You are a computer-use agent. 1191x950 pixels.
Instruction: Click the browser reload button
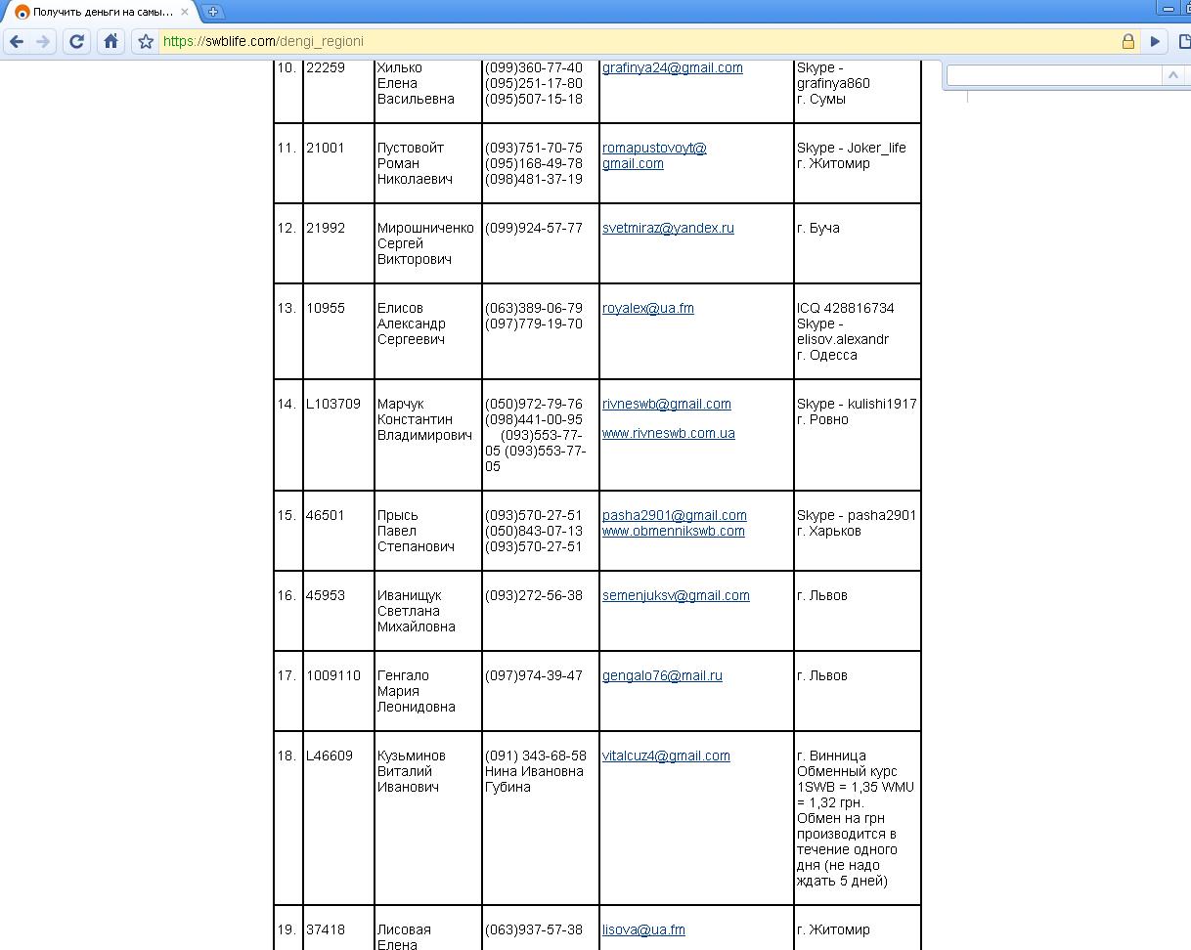(x=76, y=41)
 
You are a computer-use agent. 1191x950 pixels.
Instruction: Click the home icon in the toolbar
(x=111, y=41)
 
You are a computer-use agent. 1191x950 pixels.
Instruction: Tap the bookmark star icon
(x=146, y=41)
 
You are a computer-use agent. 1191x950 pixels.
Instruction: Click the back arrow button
(x=17, y=41)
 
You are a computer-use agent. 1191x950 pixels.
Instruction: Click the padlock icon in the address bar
(x=1127, y=41)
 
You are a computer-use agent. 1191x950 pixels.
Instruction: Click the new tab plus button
(x=212, y=12)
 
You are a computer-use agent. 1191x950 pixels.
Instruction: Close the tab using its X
(x=185, y=12)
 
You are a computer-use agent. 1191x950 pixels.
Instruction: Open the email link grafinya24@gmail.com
(x=672, y=67)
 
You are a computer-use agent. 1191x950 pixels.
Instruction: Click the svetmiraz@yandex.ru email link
(x=668, y=228)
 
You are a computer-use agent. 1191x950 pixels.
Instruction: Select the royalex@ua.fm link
(x=647, y=308)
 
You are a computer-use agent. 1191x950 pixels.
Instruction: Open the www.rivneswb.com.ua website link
(x=668, y=433)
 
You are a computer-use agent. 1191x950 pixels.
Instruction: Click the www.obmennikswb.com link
(x=673, y=531)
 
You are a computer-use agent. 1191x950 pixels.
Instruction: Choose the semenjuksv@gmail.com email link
(x=676, y=595)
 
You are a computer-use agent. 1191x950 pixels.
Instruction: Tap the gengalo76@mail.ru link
(x=662, y=675)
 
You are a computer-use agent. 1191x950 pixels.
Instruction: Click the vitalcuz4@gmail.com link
(x=666, y=756)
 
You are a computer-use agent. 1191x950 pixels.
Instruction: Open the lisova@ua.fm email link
(x=643, y=929)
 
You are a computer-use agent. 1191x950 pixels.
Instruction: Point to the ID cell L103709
(x=333, y=404)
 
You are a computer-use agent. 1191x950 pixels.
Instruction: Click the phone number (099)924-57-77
(x=533, y=228)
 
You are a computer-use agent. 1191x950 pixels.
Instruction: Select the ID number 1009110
(x=333, y=675)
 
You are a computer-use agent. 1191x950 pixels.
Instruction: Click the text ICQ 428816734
(x=845, y=308)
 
